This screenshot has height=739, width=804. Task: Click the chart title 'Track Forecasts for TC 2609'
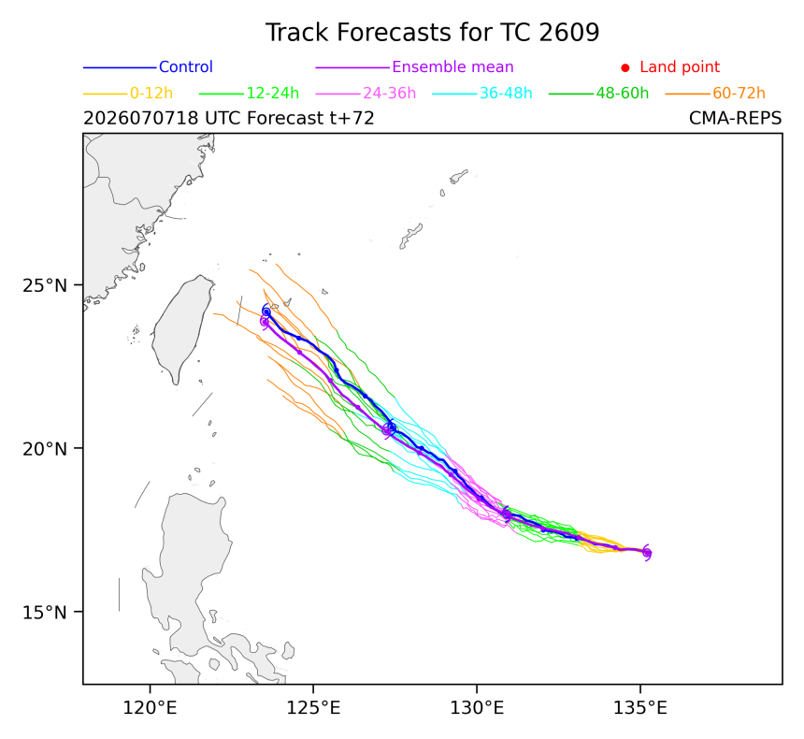pyautogui.click(x=432, y=33)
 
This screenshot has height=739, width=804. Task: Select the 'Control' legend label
pyautogui.click(x=186, y=66)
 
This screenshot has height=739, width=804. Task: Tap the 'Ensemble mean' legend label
pyautogui.click(x=452, y=66)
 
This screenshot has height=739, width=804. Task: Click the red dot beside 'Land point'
pyautogui.click(x=625, y=67)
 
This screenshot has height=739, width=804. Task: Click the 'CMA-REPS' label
pyautogui.click(x=736, y=119)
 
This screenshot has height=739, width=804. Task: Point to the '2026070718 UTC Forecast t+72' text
pyautogui.click(x=229, y=119)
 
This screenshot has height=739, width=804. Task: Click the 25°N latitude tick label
pyautogui.click(x=45, y=285)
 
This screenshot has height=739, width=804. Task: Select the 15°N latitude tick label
pyautogui.click(x=45, y=612)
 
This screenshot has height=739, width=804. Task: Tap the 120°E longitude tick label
pyautogui.click(x=150, y=709)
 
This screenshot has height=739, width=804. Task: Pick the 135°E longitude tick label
pyautogui.click(x=640, y=709)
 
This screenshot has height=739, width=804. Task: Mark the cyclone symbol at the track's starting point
pyautogui.click(x=647, y=553)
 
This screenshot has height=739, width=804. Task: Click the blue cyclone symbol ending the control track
pyautogui.click(x=266, y=312)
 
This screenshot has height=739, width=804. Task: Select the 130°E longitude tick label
pyautogui.click(x=477, y=709)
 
